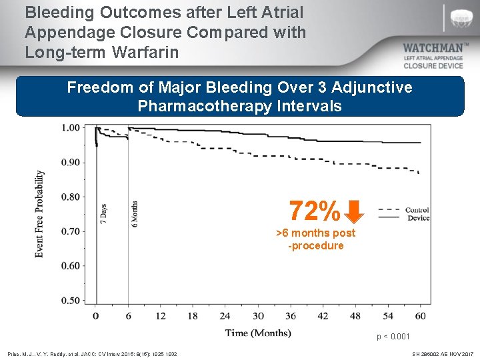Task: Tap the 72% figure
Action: [315, 212]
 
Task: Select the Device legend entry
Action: [418, 218]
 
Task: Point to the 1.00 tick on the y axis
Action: [70, 128]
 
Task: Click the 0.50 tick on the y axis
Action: [70, 301]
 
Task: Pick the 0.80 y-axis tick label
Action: [70, 197]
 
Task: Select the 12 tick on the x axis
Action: [160, 316]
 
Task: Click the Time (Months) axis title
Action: [257, 332]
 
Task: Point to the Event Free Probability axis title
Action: [39, 213]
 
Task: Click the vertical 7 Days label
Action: [103, 214]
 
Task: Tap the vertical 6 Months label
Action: [135, 214]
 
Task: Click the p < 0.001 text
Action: [393, 337]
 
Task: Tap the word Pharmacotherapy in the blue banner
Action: [209, 105]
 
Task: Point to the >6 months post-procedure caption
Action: [315, 239]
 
